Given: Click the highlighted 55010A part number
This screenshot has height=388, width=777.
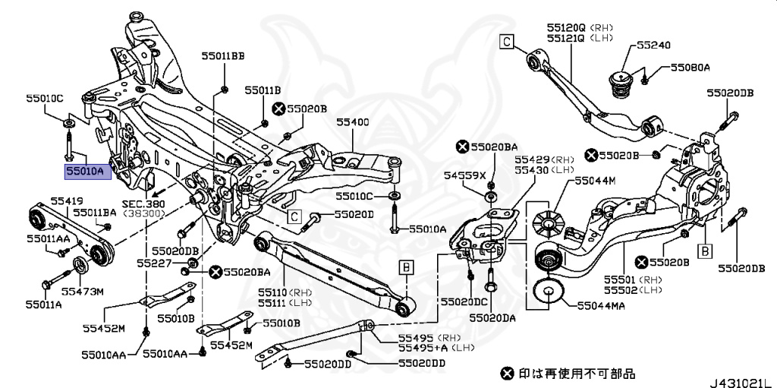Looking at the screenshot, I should pyautogui.click(x=87, y=172).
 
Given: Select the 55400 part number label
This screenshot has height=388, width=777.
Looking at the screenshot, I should pyautogui.click(x=353, y=121).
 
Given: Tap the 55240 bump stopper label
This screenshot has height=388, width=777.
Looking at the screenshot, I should pyautogui.click(x=653, y=46).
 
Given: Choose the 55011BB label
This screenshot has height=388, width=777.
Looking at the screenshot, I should pyautogui.click(x=223, y=56).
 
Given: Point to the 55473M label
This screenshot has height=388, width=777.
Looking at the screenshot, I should pyautogui.click(x=82, y=290).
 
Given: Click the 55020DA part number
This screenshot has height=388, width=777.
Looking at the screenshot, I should pyautogui.click(x=492, y=317).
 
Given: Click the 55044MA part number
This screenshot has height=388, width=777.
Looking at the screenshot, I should pyautogui.click(x=602, y=307).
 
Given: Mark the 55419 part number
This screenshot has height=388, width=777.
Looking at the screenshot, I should pyautogui.click(x=67, y=200).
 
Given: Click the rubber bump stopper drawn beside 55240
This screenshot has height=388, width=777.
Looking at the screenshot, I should pyautogui.click(x=622, y=83).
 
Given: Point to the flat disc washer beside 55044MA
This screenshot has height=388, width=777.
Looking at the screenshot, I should pyautogui.click(x=549, y=293).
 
